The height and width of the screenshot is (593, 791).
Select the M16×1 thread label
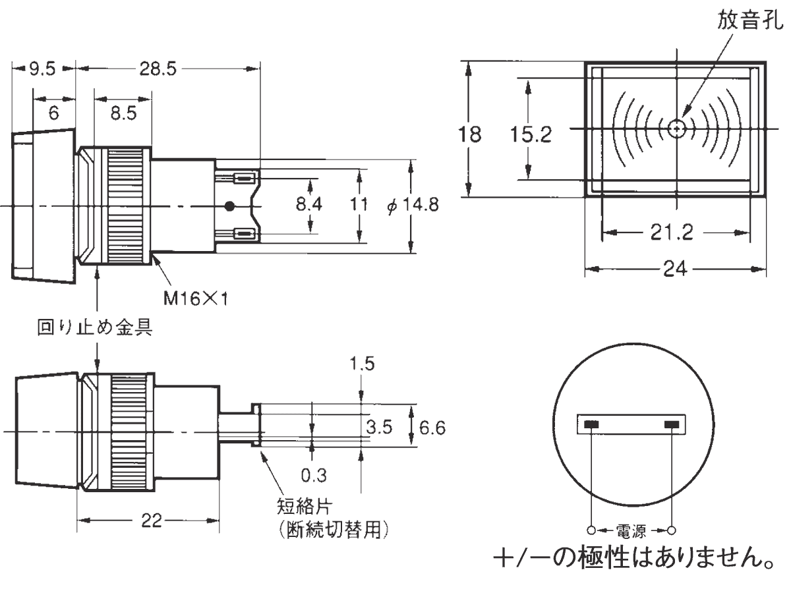(x=195, y=299)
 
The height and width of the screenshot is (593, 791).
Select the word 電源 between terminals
(x=631, y=531)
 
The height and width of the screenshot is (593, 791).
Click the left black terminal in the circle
(x=591, y=424)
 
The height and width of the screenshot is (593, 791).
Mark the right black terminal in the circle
(x=672, y=424)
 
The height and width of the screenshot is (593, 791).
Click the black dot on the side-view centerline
(x=229, y=206)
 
